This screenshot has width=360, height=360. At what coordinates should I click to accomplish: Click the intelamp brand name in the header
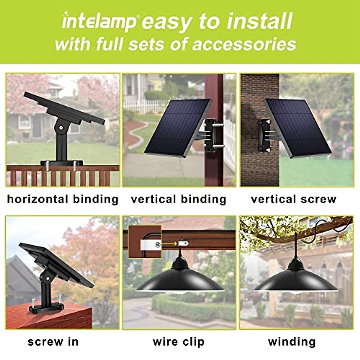[x=99, y=22]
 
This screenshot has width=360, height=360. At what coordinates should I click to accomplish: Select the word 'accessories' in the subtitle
[x=244, y=44]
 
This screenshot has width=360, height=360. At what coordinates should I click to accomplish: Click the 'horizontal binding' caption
[x=63, y=199]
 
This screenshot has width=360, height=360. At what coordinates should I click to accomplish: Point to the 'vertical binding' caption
[x=178, y=199]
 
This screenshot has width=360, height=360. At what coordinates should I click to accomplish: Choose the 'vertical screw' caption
[x=294, y=199]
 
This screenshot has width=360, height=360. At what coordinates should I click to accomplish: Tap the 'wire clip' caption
[x=178, y=342]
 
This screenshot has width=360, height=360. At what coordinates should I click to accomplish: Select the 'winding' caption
[x=292, y=342]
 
